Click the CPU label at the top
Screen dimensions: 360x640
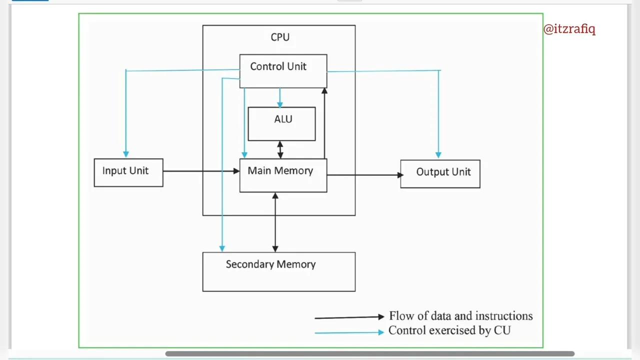pos(280,37)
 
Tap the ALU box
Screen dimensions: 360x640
pos(281,123)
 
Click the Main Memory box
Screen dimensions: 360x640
pos(283,175)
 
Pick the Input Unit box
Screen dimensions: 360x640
pos(128,172)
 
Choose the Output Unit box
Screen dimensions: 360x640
pos(440,173)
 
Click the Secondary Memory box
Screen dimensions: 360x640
pos(278,271)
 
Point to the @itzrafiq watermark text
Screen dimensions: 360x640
pos(569,28)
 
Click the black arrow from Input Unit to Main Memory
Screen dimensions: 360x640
pos(200,171)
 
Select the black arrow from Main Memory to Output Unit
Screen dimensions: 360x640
pos(364,175)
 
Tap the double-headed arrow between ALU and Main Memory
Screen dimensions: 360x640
pos(280,149)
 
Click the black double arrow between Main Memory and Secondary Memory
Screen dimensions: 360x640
pos(275,222)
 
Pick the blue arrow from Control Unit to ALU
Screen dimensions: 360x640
pos(279,97)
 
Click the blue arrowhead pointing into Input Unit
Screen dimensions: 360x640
pos(126,154)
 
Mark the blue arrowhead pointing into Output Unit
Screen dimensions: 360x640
pos(438,155)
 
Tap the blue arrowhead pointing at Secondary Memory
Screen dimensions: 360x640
pos(222,248)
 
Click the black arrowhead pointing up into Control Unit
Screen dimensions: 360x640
pos(324,91)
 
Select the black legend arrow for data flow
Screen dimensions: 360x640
pos(349,317)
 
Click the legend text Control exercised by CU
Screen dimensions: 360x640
pos(449,330)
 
